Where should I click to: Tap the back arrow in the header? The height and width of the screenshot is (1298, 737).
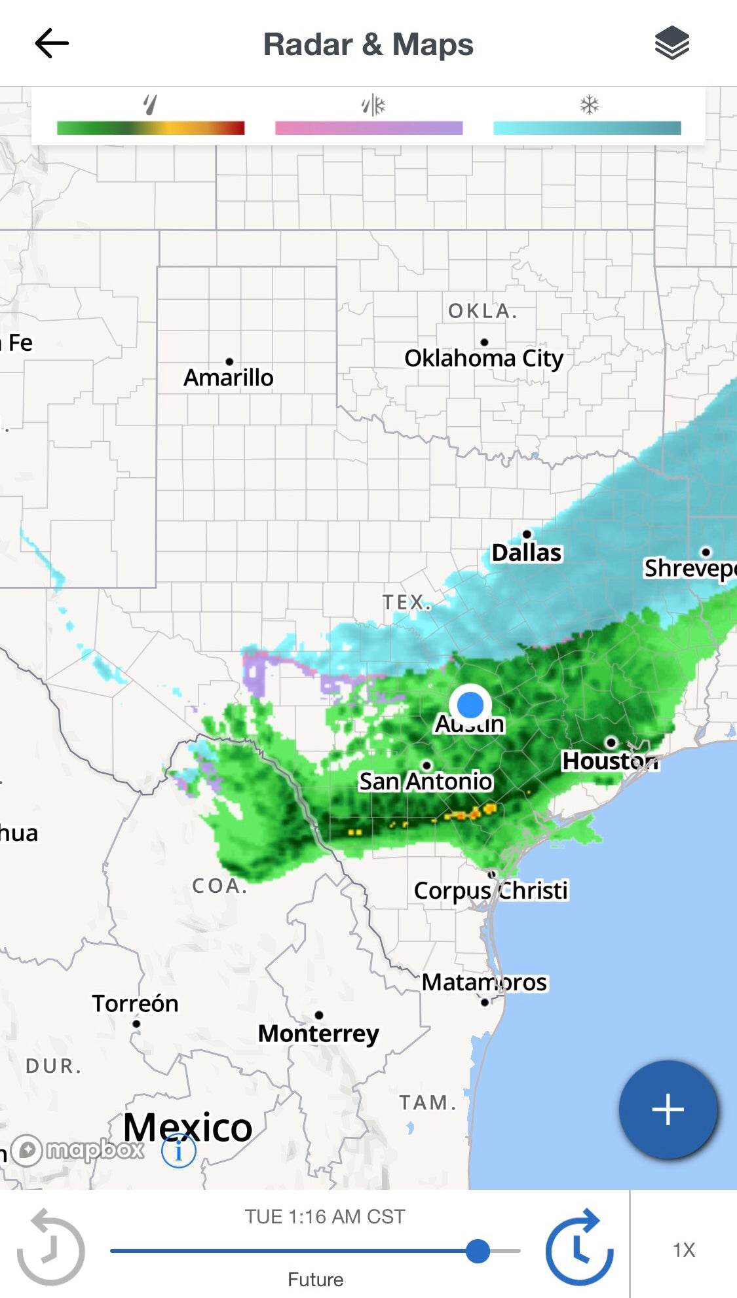click(x=52, y=44)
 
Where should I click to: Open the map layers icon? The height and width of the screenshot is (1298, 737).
click(x=671, y=44)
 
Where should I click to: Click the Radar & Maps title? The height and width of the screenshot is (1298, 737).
click(x=368, y=45)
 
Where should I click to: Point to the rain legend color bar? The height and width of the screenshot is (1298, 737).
click(x=151, y=128)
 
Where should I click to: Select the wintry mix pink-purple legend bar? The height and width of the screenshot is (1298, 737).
click(x=369, y=128)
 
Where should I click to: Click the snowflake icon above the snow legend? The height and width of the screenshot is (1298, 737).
click(x=589, y=105)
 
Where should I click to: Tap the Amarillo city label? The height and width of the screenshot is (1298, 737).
click(x=228, y=378)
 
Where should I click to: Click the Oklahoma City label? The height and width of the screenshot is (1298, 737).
click(x=483, y=358)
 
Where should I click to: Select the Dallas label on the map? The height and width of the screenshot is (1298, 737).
click(x=526, y=552)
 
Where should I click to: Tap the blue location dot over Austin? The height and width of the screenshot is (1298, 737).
click(x=470, y=705)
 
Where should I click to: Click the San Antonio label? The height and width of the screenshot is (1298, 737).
click(x=425, y=781)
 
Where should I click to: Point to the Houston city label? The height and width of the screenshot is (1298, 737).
click(x=610, y=761)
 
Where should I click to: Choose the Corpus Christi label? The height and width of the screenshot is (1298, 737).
click(x=491, y=890)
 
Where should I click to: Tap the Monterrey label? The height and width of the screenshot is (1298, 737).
click(x=318, y=1034)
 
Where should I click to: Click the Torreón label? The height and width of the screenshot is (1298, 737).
click(x=135, y=1003)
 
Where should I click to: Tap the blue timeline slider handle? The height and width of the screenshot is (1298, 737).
click(x=478, y=1251)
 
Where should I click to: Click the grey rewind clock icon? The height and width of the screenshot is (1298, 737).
click(x=50, y=1248)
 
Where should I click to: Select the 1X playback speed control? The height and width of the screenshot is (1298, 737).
click(x=683, y=1250)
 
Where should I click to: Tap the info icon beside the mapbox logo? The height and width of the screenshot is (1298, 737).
click(x=178, y=1151)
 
